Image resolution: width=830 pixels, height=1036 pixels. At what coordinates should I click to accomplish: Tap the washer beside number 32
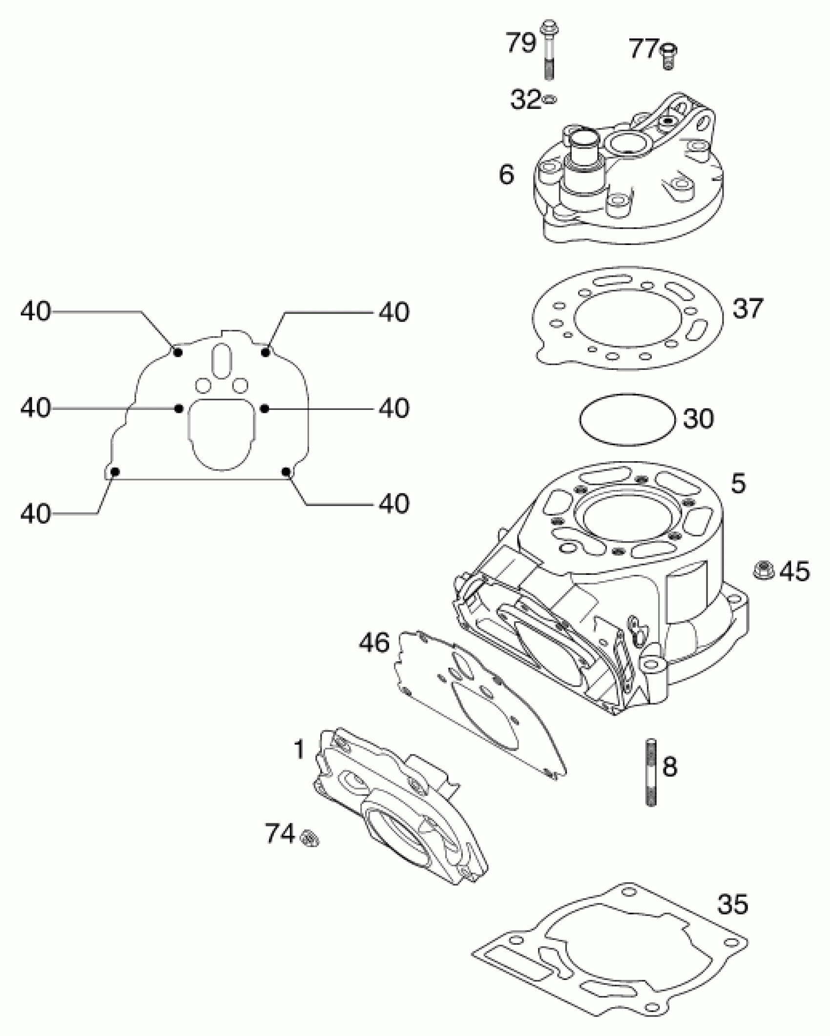click(549, 100)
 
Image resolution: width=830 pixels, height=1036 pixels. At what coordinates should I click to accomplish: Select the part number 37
click(747, 308)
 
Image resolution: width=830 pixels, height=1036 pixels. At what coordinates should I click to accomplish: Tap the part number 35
click(732, 903)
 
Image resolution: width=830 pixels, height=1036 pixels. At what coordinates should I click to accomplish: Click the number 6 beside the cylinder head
click(506, 174)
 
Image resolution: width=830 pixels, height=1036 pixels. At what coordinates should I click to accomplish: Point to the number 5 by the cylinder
click(738, 483)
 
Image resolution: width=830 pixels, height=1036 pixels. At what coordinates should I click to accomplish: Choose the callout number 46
click(374, 643)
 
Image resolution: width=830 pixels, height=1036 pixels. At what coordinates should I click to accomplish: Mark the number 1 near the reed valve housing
click(299, 749)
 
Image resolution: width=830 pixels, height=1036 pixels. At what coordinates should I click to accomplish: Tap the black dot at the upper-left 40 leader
click(178, 352)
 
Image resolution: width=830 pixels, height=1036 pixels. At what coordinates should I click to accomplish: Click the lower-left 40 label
click(35, 513)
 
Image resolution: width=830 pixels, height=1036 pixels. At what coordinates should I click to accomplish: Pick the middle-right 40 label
click(394, 408)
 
